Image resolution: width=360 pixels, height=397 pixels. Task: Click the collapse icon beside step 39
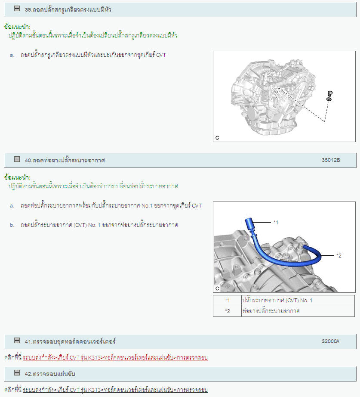coord(17,9)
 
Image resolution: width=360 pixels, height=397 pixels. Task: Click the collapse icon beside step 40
coord(17,159)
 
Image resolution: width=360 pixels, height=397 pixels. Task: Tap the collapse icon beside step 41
coord(17,341)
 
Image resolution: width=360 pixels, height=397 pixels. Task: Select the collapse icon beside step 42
coord(17,373)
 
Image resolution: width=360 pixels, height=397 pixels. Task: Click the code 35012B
coord(331,160)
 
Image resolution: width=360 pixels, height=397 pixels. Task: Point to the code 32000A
coord(330,341)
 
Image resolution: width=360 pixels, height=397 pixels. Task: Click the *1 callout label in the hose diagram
coord(276,222)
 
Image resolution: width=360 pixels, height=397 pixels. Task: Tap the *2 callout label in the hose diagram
coord(339,256)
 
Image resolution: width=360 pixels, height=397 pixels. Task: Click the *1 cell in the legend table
coord(227,301)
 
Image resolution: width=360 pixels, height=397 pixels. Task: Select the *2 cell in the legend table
coord(227,311)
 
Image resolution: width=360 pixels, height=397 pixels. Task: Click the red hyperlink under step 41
coord(115,357)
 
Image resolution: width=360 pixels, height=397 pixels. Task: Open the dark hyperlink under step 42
coord(115,390)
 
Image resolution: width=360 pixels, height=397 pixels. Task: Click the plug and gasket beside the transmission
coord(329,96)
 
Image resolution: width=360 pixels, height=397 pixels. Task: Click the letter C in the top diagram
coord(217,138)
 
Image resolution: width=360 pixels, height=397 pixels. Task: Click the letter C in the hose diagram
coord(217,288)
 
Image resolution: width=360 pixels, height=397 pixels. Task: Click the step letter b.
coord(12,225)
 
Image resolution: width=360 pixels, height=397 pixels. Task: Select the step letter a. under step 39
coord(12,55)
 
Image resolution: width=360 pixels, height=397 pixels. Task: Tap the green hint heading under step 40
coord(17,177)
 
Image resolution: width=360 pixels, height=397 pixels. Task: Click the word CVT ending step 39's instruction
coord(161,55)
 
